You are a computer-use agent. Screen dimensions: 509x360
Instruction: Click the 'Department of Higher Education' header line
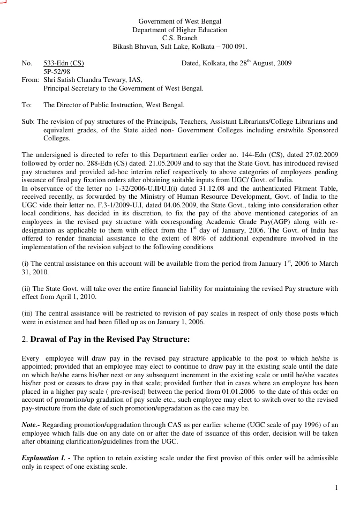(x=179, y=30)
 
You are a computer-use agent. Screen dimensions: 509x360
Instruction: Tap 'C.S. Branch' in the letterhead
(x=179, y=38)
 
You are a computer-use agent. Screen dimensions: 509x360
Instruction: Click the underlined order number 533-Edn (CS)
(x=63, y=63)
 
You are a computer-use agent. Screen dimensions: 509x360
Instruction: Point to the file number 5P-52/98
(x=56, y=71)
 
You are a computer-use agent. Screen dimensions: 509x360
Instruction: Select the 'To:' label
(x=26, y=105)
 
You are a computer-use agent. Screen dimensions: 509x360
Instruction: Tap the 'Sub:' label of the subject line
(x=28, y=122)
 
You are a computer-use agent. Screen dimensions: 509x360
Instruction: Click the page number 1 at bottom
(x=336, y=488)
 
